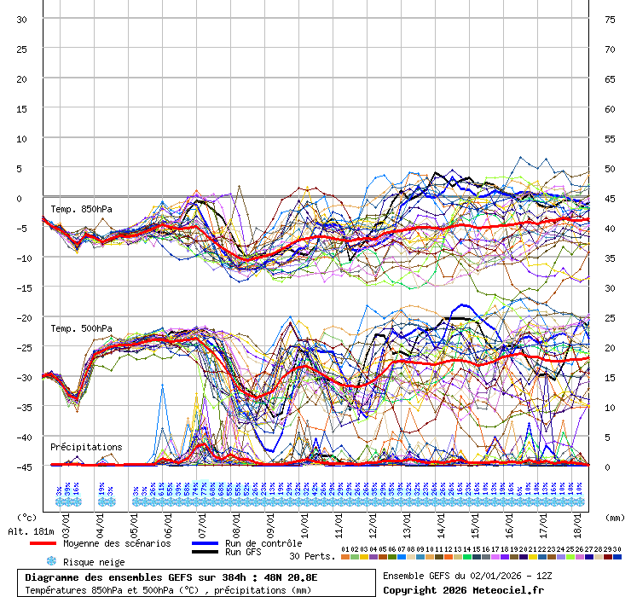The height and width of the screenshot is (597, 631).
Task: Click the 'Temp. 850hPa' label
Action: tap(81, 209)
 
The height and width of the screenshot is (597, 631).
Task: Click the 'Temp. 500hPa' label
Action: tap(81, 328)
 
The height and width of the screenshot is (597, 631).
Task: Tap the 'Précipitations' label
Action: tap(85, 447)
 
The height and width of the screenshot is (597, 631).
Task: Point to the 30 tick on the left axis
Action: tap(21, 19)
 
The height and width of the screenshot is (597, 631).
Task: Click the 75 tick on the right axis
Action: tap(610, 19)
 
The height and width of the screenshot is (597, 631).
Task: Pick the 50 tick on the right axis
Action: tap(610, 168)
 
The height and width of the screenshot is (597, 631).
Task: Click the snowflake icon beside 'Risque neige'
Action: tap(51, 562)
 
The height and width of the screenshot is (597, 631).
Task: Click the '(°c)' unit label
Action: tap(27, 517)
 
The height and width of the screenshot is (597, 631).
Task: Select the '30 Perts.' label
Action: tap(312, 556)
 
